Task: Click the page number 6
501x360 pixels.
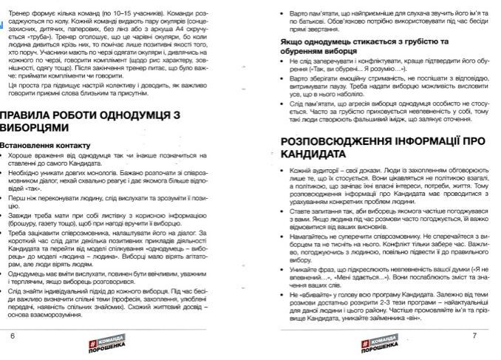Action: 12,334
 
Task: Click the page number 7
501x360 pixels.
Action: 474,334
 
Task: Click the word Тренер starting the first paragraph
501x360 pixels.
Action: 19,7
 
